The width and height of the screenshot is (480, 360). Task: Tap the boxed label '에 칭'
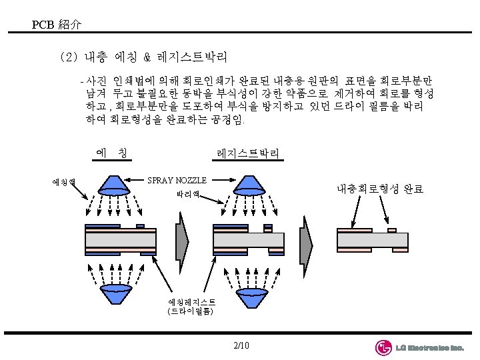(x=112, y=154)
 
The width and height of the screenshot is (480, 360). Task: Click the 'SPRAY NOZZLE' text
(x=177, y=180)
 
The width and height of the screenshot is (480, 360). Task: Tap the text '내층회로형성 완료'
(x=379, y=189)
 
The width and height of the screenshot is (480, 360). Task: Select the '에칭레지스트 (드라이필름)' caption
(x=191, y=306)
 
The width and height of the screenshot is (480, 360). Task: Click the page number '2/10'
(x=241, y=345)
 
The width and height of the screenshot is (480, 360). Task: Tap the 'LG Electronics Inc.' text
(x=429, y=348)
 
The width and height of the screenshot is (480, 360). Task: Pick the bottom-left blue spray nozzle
(x=121, y=297)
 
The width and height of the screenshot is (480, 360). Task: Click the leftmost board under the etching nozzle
(x=121, y=238)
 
